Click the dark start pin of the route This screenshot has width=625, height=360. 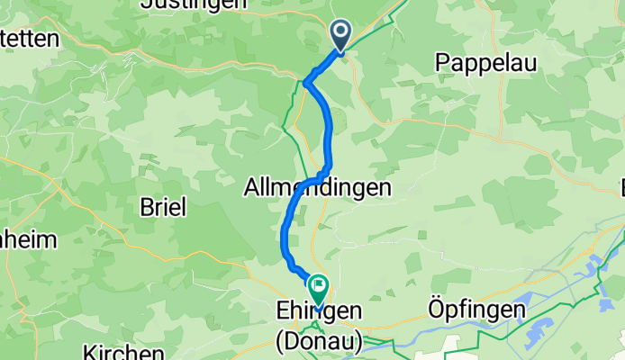341,35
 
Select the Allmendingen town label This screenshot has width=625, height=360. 318,188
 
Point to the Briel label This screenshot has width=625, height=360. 163,207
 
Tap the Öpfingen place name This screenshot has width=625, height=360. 477,310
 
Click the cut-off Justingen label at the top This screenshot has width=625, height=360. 195,4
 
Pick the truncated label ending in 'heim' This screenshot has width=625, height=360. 27,239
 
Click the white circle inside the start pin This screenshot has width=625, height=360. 341,31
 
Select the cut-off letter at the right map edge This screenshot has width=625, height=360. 620,187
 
